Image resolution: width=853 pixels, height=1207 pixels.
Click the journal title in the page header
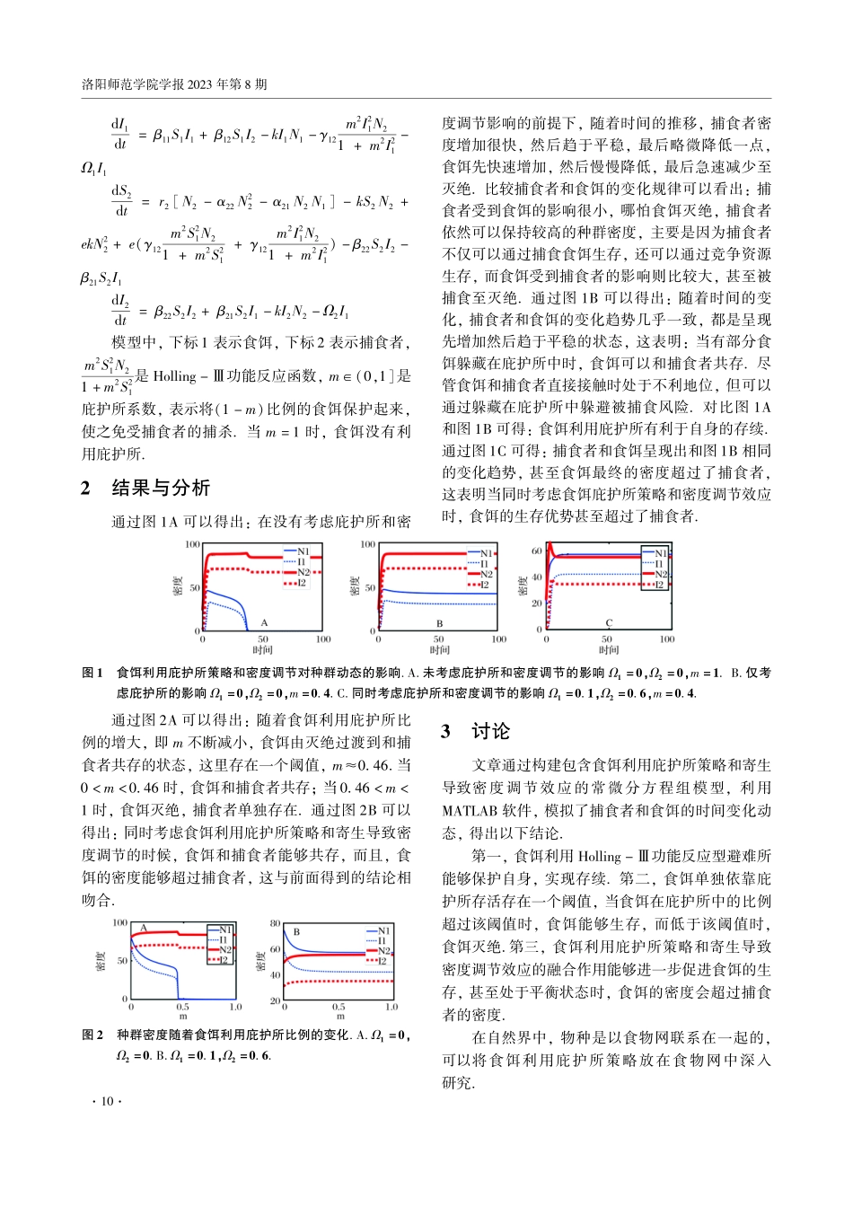click(174, 84)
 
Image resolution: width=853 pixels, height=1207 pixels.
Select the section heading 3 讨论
click(477, 732)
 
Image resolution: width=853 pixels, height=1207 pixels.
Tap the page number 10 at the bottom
click(107, 1101)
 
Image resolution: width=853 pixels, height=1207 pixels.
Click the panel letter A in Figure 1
click(264, 622)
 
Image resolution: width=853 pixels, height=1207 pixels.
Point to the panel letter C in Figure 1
click(609, 622)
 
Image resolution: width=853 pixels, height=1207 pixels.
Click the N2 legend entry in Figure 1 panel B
click(486, 574)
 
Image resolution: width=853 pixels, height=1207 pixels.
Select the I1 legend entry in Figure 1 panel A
click(303, 562)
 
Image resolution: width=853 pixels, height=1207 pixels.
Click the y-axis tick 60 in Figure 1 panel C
click(537, 551)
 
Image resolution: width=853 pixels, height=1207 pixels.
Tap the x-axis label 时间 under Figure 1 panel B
click(439, 649)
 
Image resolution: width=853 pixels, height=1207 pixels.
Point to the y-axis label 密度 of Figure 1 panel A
click(178, 587)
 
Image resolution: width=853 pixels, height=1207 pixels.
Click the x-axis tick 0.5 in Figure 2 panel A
click(182, 1007)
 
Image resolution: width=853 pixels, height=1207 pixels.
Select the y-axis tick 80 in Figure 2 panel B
click(276, 923)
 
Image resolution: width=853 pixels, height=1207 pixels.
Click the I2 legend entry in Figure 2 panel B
click(383, 961)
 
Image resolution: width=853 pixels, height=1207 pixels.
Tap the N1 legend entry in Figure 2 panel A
click(224, 929)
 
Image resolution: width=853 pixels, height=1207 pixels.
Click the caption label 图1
click(92, 673)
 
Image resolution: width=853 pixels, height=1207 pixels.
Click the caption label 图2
click(92, 1035)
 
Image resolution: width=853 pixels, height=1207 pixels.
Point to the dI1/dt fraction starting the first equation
click(119, 133)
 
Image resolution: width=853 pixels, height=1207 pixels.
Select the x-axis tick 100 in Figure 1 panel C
click(667, 639)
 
